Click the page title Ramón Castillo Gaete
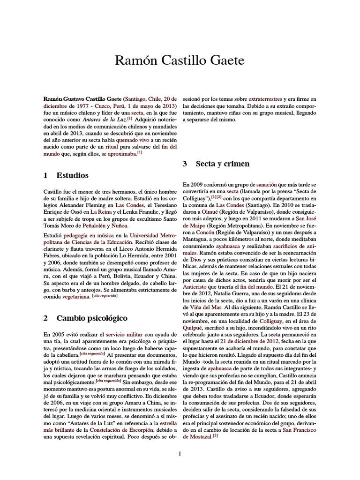click(180, 60)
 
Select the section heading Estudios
click(72, 176)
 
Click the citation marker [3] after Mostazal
click(215, 436)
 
